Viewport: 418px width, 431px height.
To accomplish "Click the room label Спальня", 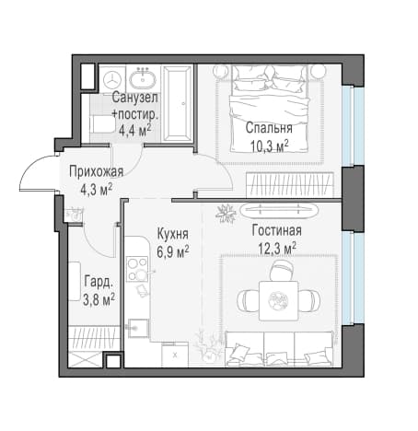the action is (269, 128).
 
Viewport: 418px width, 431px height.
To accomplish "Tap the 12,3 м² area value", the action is (277, 248).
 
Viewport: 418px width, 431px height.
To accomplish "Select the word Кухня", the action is (173, 234).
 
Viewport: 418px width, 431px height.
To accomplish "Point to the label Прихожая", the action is (96, 171).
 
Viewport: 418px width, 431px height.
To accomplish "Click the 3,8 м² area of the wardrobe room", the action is (99, 299).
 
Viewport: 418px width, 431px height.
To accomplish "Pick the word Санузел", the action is (134, 98).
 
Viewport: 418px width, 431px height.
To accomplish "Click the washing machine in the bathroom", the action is (112, 79).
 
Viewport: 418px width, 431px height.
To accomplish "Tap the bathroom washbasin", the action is (143, 79).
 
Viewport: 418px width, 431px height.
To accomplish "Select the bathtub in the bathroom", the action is (177, 104).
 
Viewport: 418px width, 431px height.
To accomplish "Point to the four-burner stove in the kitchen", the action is (137, 269).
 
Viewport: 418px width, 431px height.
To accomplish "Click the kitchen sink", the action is (138, 328).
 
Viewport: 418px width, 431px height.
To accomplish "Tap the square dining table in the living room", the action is (279, 300).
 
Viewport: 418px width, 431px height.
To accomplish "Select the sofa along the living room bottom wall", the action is (279, 348).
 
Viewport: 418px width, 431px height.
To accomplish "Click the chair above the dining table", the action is (282, 271).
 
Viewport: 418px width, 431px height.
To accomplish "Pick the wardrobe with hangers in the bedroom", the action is (290, 184).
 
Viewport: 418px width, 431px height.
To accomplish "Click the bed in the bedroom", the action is (270, 109).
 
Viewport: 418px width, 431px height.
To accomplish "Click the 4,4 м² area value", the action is (134, 131).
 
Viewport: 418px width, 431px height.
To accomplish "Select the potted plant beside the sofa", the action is (209, 345).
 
